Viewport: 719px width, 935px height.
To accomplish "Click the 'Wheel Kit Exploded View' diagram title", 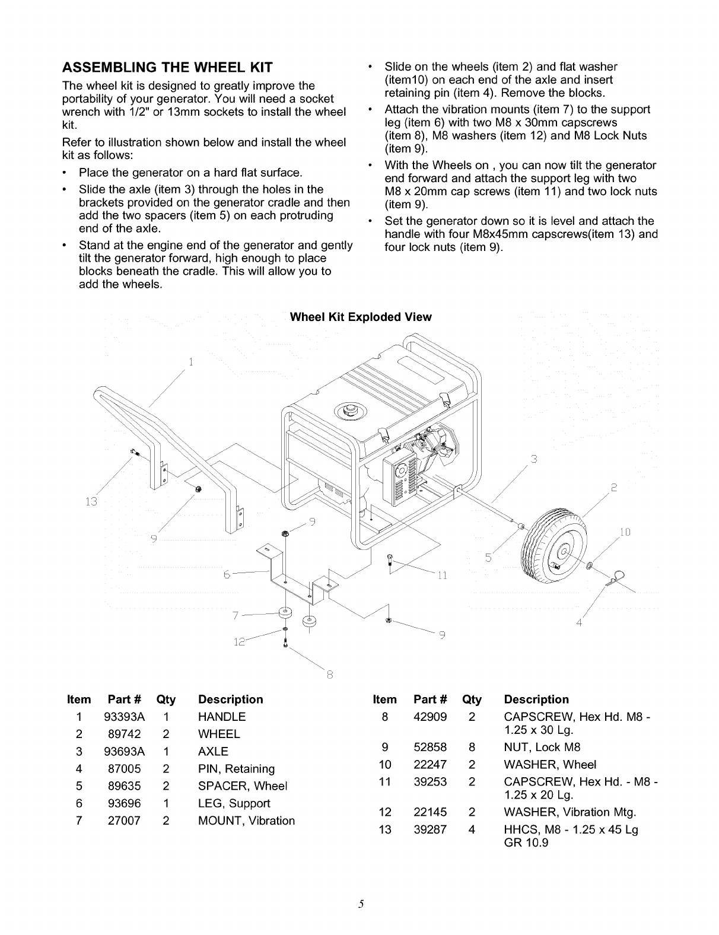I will (x=360, y=317).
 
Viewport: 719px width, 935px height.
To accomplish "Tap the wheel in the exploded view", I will (x=553, y=540).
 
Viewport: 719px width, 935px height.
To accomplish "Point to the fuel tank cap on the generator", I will (x=346, y=410).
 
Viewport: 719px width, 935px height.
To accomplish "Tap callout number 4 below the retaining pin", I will (x=579, y=624).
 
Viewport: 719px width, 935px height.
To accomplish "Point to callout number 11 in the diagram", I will (x=441, y=575).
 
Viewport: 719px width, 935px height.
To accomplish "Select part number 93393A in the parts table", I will (x=124, y=717).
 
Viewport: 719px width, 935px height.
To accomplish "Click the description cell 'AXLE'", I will (x=213, y=752).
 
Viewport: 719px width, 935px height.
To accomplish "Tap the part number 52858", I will (x=430, y=747).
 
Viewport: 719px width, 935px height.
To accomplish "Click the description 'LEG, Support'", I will (x=234, y=803).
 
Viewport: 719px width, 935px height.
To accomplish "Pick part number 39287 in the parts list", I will (x=430, y=829).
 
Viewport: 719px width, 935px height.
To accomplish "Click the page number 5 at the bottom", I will (x=360, y=904).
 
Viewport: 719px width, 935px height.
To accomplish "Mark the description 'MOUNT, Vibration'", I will (x=246, y=821).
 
